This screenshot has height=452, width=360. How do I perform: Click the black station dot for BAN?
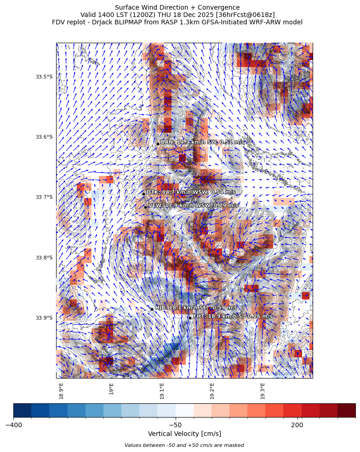pos(158,144)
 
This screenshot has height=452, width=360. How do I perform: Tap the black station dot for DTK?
pos(143,194)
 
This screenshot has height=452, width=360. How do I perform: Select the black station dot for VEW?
pos(145,207)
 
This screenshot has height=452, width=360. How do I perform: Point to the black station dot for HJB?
pos(152,309)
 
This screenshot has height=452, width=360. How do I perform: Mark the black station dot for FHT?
pos(190,318)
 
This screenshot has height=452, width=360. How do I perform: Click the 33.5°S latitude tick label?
pos(44,77)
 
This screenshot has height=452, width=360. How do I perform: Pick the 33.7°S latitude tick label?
pos(44,198)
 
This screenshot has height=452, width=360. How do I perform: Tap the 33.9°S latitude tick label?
pos(44,318)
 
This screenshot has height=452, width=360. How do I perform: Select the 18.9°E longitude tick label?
pos(61,390)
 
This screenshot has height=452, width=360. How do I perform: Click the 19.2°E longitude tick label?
pos(212,390)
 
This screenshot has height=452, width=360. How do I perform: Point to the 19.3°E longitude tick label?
pos(263,390)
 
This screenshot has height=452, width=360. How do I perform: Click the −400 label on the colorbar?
pos(13,424)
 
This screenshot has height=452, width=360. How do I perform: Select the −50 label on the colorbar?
pos(176,424)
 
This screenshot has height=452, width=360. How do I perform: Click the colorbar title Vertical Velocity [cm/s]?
pos(184,434)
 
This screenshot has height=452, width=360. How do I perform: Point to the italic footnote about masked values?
pos(184,445)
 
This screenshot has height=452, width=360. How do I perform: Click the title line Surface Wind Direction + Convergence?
pos(177,7)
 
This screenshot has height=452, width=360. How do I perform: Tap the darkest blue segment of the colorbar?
pos(23,410)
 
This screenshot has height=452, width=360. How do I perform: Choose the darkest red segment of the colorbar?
pos(346,410)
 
